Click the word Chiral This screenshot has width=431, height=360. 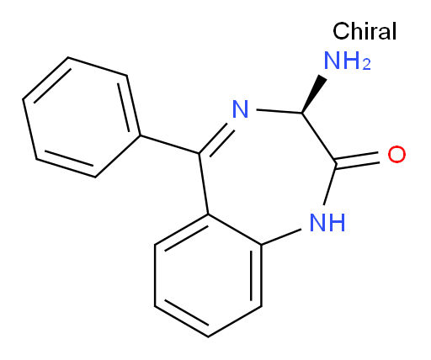(364, 31)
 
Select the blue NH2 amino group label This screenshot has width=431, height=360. (348, 61)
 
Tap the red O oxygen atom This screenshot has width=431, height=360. (396, 154)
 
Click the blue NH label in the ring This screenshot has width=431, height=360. (327, 222)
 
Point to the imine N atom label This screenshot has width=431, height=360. (241, 109)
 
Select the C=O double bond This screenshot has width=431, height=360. (358, 160)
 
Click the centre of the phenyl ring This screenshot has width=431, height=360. (82, 117)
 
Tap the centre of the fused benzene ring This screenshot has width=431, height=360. (208, 276)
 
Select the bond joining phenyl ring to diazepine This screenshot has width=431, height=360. (169, 145)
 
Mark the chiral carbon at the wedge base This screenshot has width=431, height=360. (302, 113)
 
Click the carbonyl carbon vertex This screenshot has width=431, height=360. (336, 165)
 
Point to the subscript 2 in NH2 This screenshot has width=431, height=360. (366, 65)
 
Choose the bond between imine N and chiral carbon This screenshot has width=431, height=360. (279, 111)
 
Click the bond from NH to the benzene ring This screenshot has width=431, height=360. (281, 237)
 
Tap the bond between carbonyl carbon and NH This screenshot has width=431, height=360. (330, 185)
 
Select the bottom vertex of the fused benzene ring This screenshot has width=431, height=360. (208, 336)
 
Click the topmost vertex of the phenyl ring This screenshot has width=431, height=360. (68, 58)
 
